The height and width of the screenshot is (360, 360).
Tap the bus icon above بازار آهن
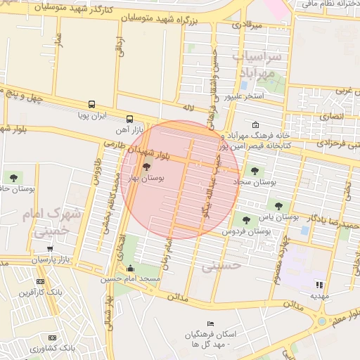point(129,119)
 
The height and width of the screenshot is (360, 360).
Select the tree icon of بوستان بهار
point(146,167)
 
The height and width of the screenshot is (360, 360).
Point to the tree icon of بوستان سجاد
point(255,169)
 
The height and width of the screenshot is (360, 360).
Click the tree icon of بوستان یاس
point(278,205)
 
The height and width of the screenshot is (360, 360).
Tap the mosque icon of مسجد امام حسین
point(130,268)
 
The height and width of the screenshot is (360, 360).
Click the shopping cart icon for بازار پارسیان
point(50,248)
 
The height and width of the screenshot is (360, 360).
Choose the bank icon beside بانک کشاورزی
point(50,336)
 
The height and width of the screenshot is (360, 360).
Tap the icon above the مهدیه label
point(319,285)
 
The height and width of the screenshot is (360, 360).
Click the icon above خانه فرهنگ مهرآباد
point(254,125)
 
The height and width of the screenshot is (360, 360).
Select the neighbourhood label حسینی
point(221,266)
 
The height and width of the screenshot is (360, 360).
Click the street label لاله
point(187,108)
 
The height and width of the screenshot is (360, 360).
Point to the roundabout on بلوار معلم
point(323,321)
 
